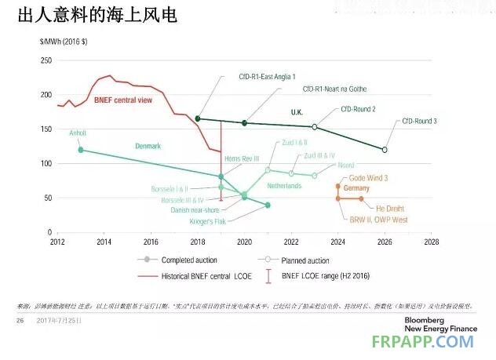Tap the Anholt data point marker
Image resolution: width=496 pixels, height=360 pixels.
81,150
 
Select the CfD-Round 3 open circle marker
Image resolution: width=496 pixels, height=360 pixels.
385,149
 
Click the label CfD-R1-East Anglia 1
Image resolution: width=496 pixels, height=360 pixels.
268,78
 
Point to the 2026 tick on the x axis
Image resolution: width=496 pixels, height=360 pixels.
385,242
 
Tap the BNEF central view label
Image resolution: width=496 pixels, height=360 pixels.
122,100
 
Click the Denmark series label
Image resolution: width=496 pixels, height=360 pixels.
148,146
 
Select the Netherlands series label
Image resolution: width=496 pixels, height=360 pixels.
284,186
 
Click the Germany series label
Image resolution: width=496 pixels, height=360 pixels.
356,189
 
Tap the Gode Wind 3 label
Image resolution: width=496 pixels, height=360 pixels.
363,178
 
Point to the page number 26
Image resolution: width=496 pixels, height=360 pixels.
21,321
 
